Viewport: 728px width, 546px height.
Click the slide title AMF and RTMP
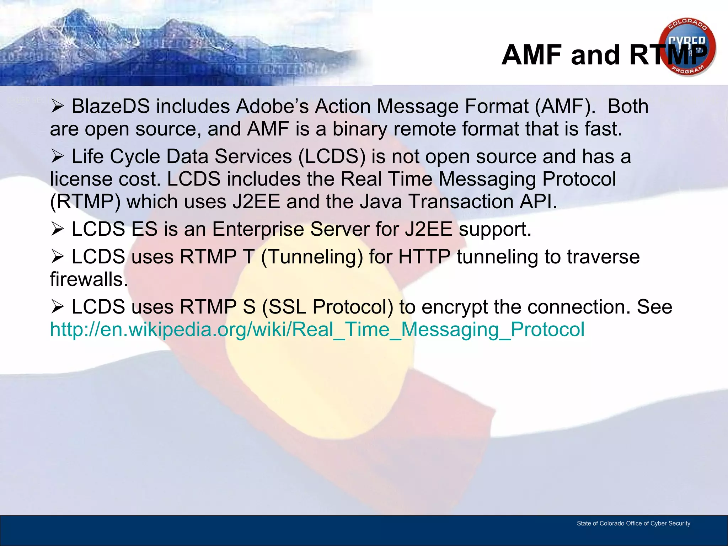pyautogui.click(x=604, y=55)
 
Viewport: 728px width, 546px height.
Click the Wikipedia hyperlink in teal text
pyautogui.click(x=317, y=329)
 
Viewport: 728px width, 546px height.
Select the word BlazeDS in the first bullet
pyautogui.click(x=111, y=106)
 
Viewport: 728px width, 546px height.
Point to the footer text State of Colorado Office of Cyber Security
pyautogui.click(x=633, y=523)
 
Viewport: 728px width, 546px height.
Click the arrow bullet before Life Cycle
pyautogui.click(x=57, y=156)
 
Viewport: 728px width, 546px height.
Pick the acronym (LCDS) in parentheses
pyautogui.click(x=332, y=157)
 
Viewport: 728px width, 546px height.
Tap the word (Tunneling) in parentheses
pyautogui.click(x=312, y=257)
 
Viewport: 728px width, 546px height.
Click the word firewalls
pyautogui.click(x=89, y=279)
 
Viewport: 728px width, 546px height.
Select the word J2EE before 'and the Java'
pyautogui.click(x=256, y=202)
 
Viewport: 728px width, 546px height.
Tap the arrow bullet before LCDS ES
pyautogui.click(x=57, y=229)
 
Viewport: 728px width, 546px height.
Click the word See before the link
pyautogui.click(x=654, y=307)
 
